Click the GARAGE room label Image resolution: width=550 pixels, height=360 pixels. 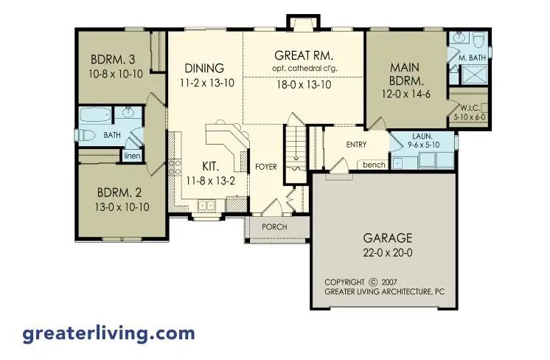click(388, 238)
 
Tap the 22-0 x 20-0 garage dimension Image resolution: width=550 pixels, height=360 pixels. click(388, 253)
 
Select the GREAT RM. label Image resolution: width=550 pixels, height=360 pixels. click(304, 56)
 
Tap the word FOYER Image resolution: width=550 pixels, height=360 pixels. click(266, 167)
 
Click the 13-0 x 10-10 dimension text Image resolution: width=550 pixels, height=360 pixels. click(123, 208)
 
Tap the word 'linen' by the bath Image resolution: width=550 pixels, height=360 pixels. click(132, 156)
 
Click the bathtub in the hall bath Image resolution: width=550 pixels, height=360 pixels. click(95, 115)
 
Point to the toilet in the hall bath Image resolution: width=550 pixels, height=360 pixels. click(87, 135)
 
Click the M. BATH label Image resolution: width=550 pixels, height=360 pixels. click(470, 58)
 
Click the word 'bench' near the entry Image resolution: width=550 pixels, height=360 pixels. click(373, 165)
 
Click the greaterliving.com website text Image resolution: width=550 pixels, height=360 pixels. click(108, 333)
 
